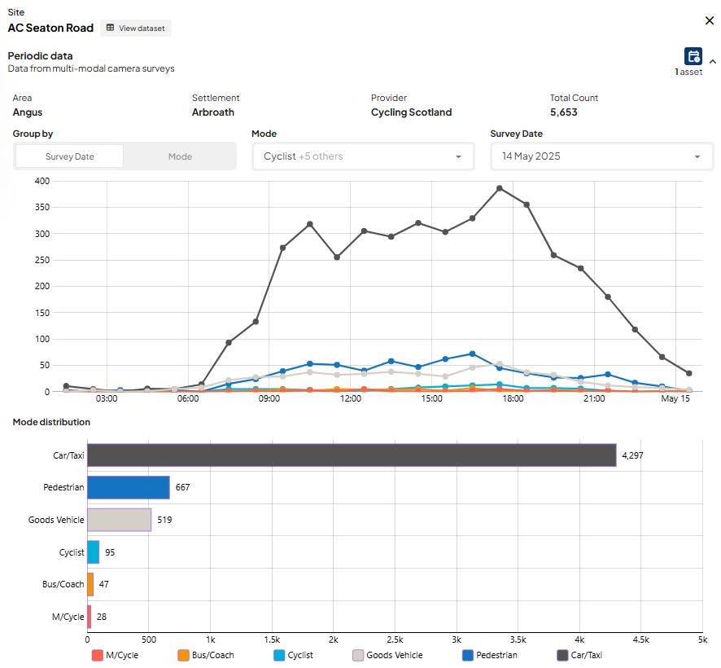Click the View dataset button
coord(136,28)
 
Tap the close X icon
coord(710,20)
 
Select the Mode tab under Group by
coord(180,156)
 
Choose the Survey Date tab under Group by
coord(69,156)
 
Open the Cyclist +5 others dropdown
coord(363,156)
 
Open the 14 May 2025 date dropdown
coord(601,156)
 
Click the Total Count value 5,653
coord(563,112)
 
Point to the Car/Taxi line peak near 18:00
coord(500,188)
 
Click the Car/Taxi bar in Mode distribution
coord(352,455)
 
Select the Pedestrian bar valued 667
coord(129,487)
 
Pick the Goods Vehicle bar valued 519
coord(119,520)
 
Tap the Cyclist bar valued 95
coord(94,552)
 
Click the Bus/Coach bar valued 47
coord(90,584)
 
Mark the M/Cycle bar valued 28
coord(90,617)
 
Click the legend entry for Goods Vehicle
coord(387,655)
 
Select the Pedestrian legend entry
coord(490,655)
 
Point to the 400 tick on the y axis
coord(42,181)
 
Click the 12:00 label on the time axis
coord(351,398)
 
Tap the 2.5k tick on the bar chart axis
coord(395,640)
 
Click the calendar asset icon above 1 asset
coord(693,56)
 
